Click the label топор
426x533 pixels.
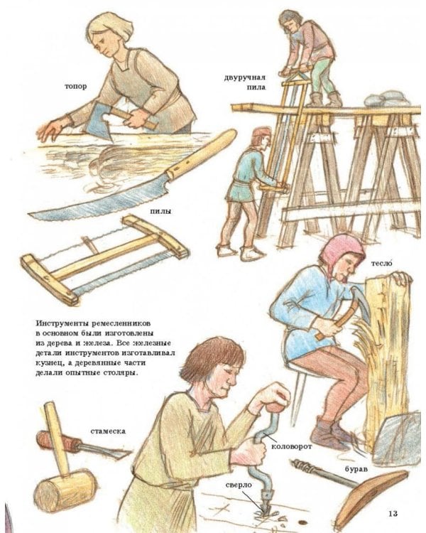76,87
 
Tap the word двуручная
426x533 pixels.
244,77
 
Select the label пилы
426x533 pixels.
160,212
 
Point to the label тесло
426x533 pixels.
381,263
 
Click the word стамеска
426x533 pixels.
108,431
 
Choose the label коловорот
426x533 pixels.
292,447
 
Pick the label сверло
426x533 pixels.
239,485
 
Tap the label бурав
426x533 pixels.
356,470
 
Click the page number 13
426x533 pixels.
393,513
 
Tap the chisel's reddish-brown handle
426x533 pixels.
58,441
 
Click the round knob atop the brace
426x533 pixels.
276,407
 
